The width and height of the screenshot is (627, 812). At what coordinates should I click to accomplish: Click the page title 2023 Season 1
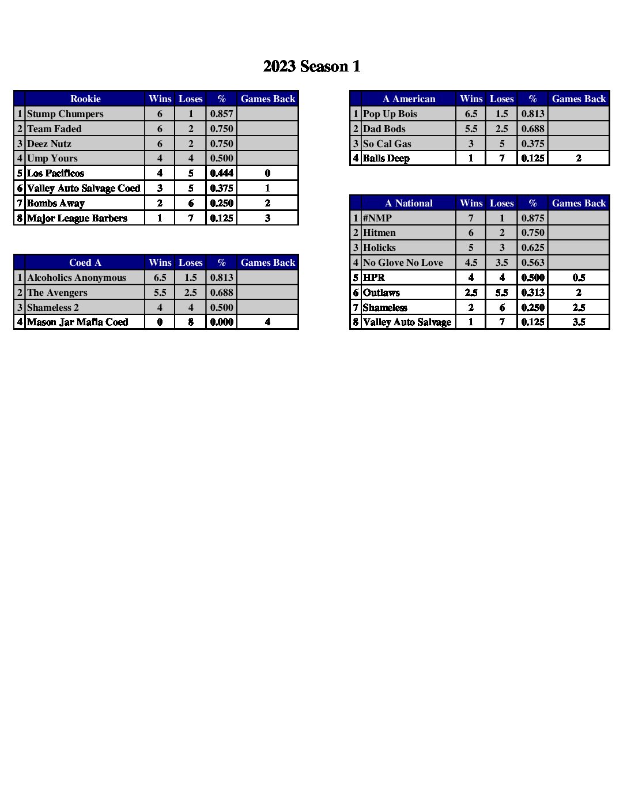click(312, 66)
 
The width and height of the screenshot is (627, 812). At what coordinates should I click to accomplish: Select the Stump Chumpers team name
click(65, 114)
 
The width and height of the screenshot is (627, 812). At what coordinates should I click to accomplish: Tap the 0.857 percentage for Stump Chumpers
click(221, 114)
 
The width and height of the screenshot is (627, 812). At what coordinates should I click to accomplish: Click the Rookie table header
click(85, 99)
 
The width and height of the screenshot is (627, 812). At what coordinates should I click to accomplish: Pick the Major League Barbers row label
click(77, 218)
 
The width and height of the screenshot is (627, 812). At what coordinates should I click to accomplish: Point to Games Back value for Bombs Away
click(267, 203)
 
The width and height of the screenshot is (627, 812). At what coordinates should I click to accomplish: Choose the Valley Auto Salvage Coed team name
click(84, 188)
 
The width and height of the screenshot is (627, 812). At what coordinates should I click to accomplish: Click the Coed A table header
click(85, 262)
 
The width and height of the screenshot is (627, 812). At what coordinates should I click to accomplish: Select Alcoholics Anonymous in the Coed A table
click(76, 277)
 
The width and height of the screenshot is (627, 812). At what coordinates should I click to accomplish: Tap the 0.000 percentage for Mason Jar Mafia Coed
click(221, 322)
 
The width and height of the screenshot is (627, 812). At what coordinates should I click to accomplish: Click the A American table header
click(409, 99)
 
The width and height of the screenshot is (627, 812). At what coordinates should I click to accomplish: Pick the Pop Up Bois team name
click(390, 114)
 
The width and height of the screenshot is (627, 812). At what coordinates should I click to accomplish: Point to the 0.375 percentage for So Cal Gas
click(532, 144)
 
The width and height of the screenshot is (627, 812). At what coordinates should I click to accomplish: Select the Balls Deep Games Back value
click(579, 158)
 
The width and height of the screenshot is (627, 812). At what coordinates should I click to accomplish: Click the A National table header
click(409, 203)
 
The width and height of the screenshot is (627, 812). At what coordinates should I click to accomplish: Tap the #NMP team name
click(377, 218)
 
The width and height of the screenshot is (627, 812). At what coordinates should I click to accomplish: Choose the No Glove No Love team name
click(403, 262)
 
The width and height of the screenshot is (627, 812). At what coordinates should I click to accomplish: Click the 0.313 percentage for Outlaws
click(532, 292)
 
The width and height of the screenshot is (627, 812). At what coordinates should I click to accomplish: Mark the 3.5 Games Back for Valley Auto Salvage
click(579, 322)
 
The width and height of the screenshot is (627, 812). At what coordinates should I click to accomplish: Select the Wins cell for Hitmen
click(471, 232)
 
